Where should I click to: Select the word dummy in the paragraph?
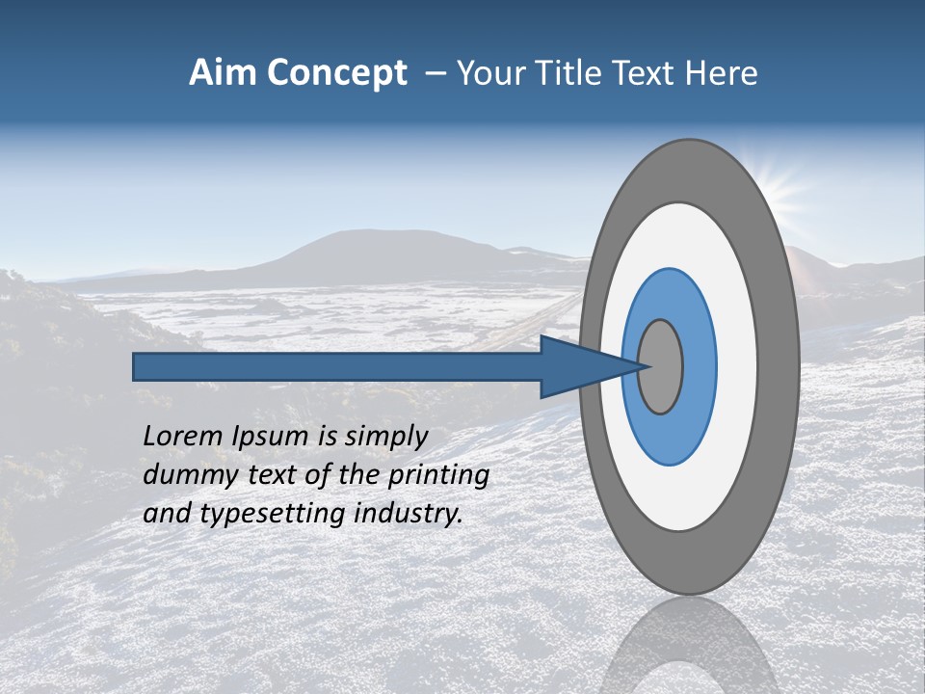coord(182,475)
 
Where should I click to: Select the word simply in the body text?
coord(384,437)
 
